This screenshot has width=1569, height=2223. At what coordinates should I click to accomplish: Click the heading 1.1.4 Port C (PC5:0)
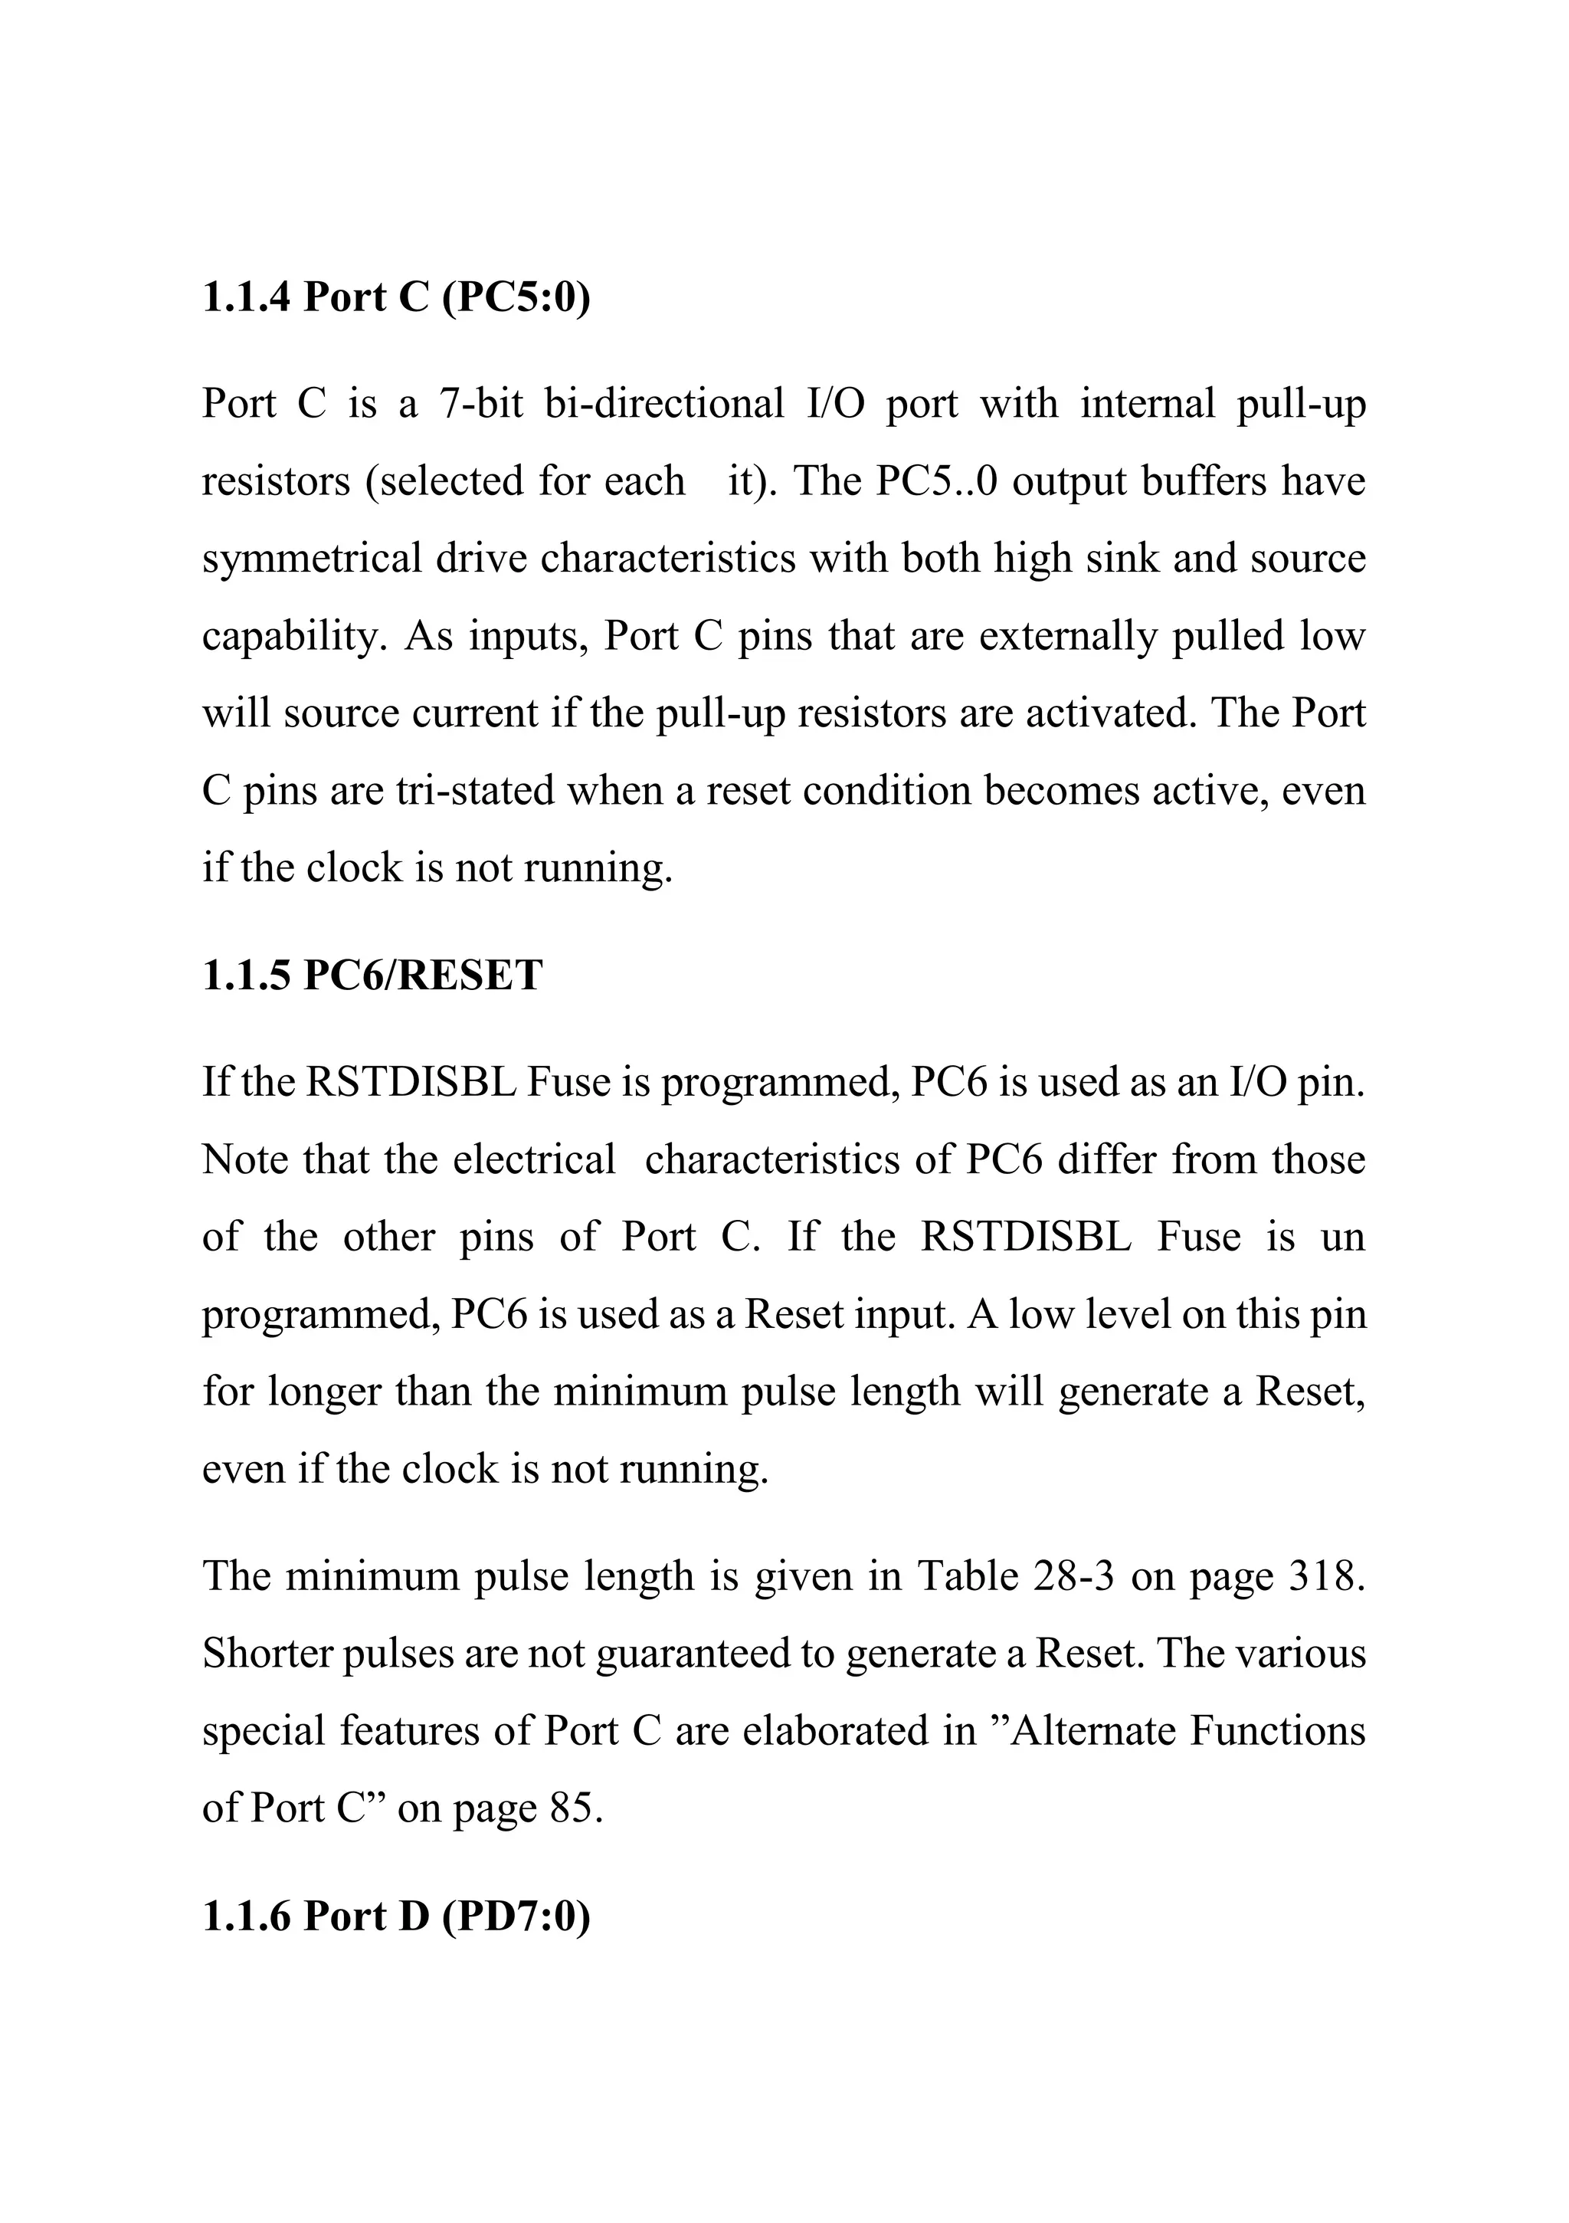396,298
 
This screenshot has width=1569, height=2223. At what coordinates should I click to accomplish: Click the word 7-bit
480,404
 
